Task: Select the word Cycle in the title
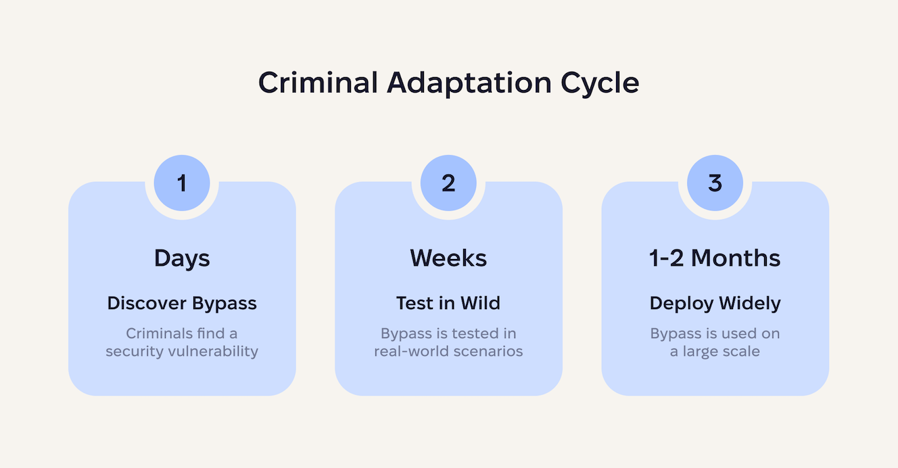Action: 599,83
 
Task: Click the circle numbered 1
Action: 182,183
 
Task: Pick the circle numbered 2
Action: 448,183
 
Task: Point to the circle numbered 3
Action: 715,183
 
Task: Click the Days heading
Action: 182,258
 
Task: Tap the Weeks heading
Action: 448,258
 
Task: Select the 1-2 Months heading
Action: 715,258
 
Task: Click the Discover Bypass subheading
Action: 182,303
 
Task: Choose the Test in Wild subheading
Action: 448,303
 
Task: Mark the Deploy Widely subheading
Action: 715,303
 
